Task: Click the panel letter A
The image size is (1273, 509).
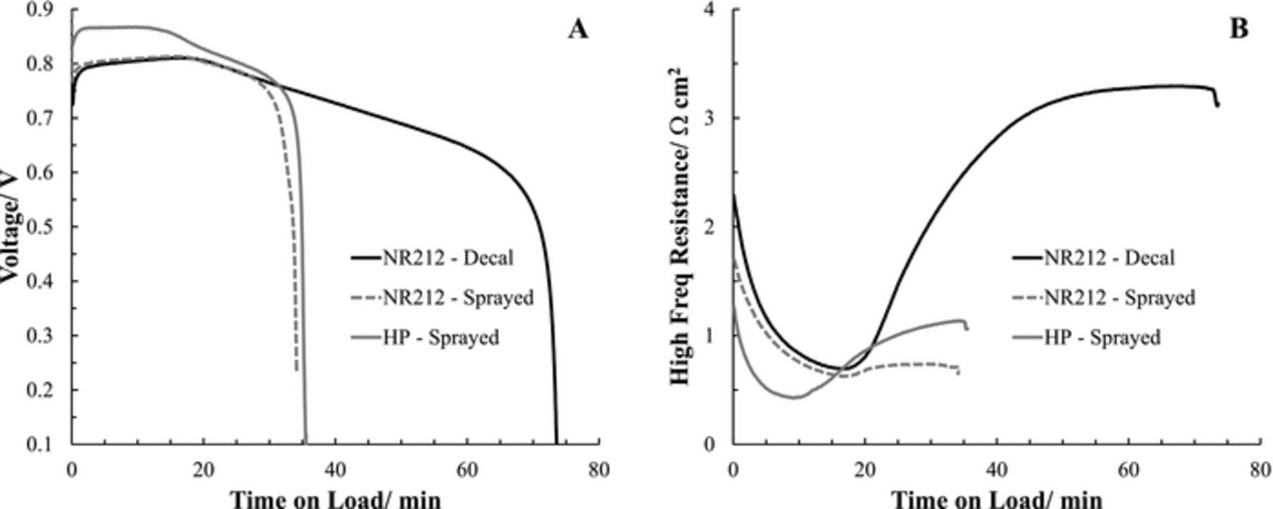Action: (x=578, y=30)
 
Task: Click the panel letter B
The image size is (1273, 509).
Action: (x=1238, y=29)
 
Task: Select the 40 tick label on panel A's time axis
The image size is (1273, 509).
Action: (x=335, y=469)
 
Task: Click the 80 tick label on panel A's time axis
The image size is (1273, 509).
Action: (x=599, y=469)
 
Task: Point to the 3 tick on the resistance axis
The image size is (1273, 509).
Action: (x=709, y=118)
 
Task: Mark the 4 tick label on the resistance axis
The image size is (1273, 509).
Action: (x=709, y=10)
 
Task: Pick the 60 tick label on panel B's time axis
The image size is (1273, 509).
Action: (x=1128, y=469)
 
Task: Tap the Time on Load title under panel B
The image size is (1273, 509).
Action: (x=997, y=499)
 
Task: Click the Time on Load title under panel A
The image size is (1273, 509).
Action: (x=335, y=499)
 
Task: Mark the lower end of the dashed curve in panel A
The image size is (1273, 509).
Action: (x=296, y=369)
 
